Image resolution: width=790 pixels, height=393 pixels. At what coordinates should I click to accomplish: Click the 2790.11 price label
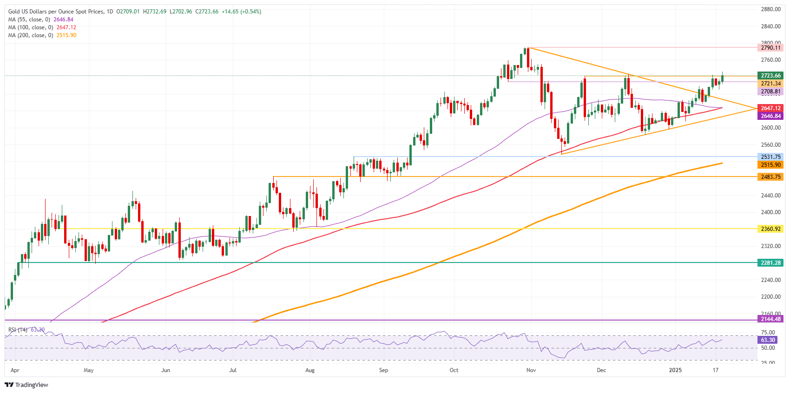(x=770, y=48)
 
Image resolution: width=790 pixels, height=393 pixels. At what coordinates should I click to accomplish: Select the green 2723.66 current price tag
(x=770, y=76)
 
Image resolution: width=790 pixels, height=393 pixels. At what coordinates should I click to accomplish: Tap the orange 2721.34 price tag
(x=770, y=84)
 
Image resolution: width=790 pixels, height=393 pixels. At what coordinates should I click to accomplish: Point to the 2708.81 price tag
(x=770, y=92)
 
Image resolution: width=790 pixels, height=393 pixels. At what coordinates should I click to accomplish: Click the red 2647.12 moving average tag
(x=770, y=108)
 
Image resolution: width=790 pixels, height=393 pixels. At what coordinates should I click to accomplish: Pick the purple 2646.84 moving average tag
(x=770, y=116)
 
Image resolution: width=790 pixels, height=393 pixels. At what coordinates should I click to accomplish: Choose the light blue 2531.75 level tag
(x=770, y=157)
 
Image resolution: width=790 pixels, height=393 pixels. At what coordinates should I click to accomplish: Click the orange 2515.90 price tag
(x=770, y=165)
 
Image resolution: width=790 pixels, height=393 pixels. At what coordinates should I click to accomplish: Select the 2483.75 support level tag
(x=770, y=177)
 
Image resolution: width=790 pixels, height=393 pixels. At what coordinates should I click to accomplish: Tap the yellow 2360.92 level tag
(x=770, y=229)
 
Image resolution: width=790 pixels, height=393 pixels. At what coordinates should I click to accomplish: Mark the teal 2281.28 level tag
(x=770, y=263)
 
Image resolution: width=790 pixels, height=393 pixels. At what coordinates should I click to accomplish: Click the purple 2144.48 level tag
(x=770, y=319)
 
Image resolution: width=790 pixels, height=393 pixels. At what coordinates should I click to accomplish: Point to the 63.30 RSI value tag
(x=767, y=340)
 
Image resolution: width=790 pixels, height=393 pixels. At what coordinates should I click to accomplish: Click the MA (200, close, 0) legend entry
(x=31, y=35)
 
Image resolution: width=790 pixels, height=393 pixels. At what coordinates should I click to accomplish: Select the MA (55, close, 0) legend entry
(x=29, y=20)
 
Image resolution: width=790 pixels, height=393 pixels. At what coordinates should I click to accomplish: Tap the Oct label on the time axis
(x=454, y=370)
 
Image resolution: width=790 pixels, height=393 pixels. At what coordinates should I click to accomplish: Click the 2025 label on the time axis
(x=675, y=370)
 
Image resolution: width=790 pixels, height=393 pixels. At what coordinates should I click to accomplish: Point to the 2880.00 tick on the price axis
(x=770, y=9)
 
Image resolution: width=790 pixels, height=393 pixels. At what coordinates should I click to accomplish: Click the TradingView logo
(x=26, y=385)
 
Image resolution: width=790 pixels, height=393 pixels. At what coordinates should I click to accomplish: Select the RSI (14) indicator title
(x=18, y=330)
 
